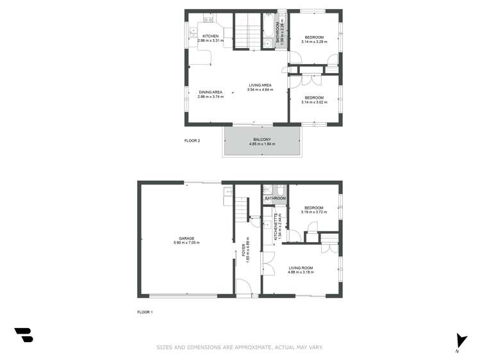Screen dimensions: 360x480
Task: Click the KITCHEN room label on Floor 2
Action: pos(211,36)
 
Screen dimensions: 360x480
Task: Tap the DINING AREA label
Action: pos(210,92)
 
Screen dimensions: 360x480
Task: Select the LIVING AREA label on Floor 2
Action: pos(260,85)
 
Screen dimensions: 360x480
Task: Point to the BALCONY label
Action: pos(262,140)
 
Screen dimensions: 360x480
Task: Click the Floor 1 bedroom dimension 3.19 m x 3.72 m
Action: pos(314,212)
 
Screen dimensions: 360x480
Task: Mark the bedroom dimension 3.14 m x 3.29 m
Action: pos(314,42)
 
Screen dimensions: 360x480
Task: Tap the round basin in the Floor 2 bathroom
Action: pos(267,44)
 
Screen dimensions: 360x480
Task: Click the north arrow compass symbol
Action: pos(458,342)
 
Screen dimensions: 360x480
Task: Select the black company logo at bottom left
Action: pos(24,334)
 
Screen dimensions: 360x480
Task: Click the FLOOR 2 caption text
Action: pos(192,140)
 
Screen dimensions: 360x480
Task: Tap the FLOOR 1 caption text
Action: pos(145,312)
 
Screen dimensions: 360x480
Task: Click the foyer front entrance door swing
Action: pos(244,290)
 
